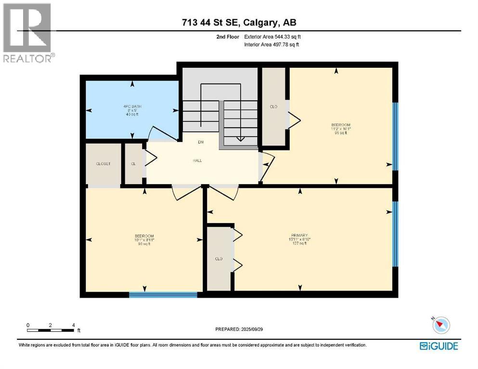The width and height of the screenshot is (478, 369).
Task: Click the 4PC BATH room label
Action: [131, 106]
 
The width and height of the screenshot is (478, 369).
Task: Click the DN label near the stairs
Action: [200, 142]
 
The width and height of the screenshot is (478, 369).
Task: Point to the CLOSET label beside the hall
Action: [103, 164]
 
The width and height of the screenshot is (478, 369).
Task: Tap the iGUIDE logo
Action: [439, 345]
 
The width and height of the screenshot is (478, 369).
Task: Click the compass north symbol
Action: [440, 325]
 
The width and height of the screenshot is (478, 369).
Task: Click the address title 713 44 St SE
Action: [239, 23]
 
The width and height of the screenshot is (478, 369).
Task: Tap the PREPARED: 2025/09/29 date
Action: [239, 329]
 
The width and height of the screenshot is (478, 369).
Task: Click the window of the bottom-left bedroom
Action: [163, 294]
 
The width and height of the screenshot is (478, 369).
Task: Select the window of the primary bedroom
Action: [395, 234]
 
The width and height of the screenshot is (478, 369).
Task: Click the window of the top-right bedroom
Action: [395, 136]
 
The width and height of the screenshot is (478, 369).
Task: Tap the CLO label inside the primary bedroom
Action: [219, 259]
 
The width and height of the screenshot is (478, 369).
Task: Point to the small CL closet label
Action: [133, 164]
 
